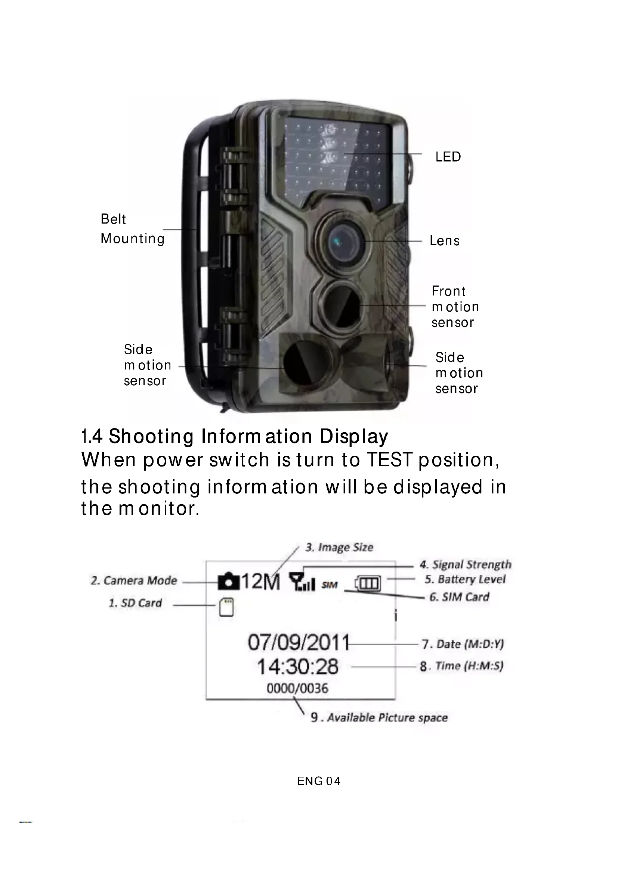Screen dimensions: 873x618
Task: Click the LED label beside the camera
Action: [x=448, y=157]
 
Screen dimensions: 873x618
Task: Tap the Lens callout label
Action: [x=445, y=241]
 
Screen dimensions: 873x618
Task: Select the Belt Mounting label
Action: [x=132, y=229]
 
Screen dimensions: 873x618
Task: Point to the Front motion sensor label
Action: [x=455, y=307]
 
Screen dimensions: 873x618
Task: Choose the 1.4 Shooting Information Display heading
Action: [x=234, y=436]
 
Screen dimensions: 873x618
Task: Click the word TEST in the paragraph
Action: [x=389, y=460]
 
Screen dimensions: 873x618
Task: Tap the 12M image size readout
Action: [x=261, y=582]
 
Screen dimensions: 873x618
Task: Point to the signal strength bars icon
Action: [x=302, y=582]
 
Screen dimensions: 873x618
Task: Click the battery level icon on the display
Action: [x=368, y=583]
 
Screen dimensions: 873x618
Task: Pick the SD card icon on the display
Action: [x=226, y=607]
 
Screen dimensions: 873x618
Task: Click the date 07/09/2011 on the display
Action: [x=298, y=643]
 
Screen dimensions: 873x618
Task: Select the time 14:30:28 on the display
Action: [x=297, y=667]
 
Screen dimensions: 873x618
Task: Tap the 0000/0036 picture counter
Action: [x=297, y=688]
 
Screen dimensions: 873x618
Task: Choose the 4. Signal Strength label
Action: [x=465, y=565]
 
